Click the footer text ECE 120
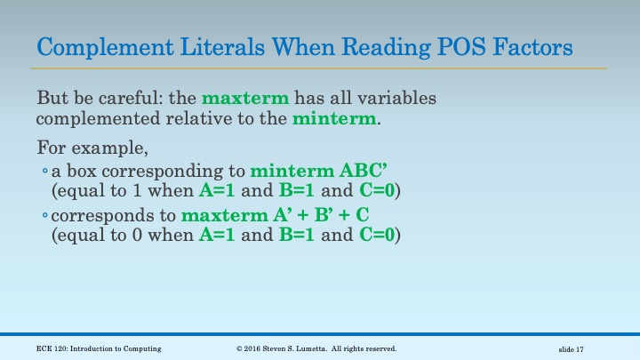48,348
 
